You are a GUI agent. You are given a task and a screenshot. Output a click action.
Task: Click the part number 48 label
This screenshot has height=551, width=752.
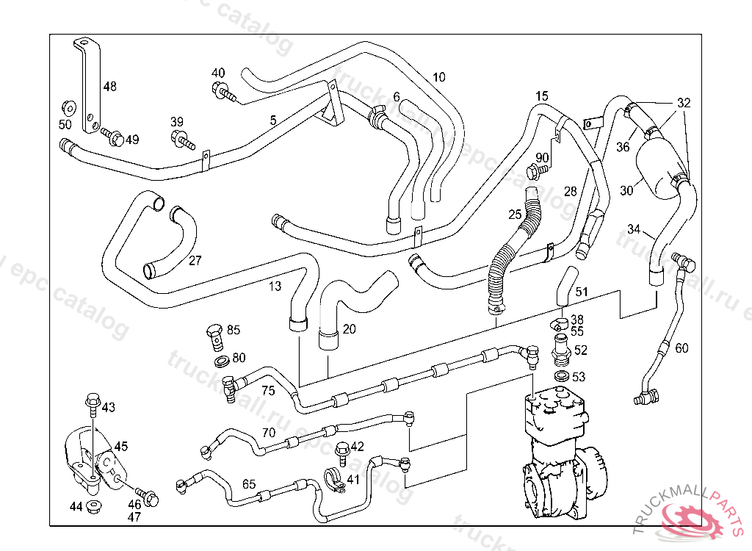pyautogui.click(x=109, y=87)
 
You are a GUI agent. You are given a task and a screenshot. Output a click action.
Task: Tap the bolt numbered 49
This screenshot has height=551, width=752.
pyautogui.click(x=113, y=137)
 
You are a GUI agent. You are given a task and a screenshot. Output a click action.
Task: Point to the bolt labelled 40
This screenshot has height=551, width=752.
pyautogui.click(x=222, y=92)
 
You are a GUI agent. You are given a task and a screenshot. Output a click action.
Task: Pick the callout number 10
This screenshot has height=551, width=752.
pyautogui.click(x=438, y=77)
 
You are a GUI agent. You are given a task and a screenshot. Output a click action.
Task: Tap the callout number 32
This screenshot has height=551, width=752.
pyautogui.click(x=684, y=103)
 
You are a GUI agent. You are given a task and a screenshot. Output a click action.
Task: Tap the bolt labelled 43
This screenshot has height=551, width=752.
pyautogui.click(x=92, y=402)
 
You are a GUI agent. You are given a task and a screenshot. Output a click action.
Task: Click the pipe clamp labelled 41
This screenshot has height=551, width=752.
pyautogui.click(x=334, y=481)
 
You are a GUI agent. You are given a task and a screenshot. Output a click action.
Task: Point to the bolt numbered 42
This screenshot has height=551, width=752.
pyautogui.click(x=340, y=449)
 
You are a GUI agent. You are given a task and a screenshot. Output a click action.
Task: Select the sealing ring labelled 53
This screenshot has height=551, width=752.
pyautogui.click(x=560, y=377)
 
